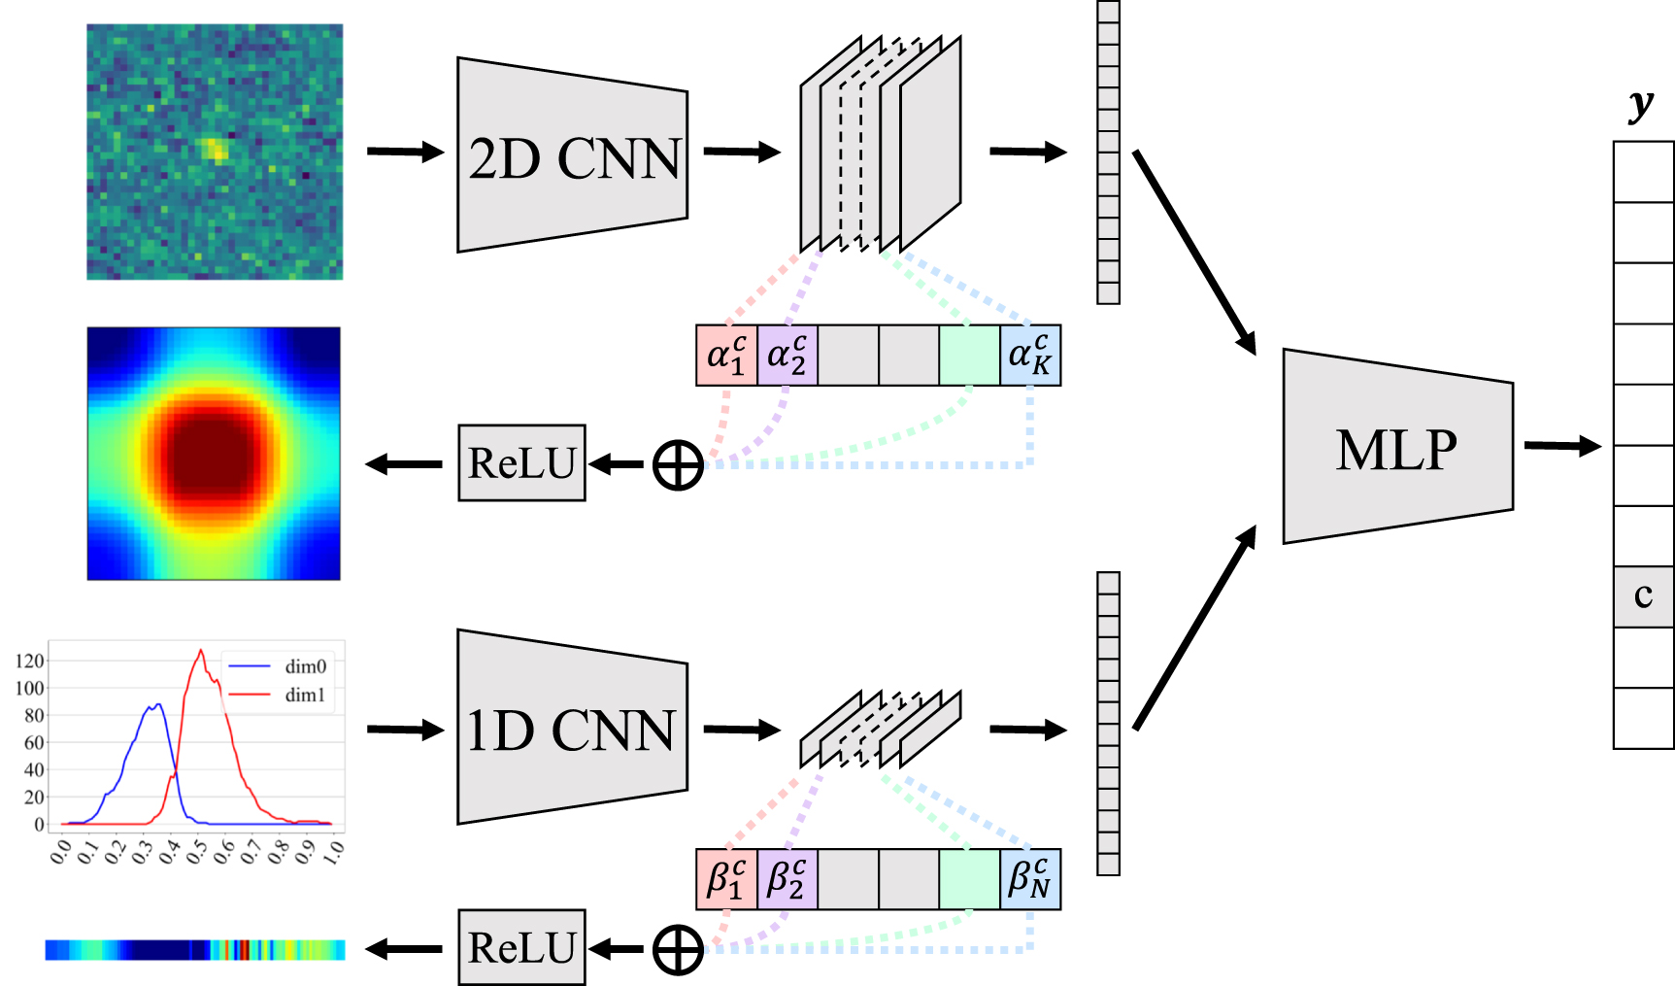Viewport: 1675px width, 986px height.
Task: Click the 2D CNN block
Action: (573, 155)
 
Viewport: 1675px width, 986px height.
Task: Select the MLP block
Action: (1396, 447)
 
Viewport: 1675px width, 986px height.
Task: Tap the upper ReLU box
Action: (521, 463)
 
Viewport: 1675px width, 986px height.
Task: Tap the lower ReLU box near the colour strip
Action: (521, 948)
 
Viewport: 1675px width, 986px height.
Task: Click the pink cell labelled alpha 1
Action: (726, 356)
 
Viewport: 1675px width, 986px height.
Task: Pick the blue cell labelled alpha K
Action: (1030, 356)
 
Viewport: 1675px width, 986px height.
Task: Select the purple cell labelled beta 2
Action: (787, 879)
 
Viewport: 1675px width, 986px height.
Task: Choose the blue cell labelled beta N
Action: (1030, 879)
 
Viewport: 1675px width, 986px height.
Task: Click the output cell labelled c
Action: (1643, 596)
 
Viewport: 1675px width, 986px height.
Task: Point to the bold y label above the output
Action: (1641, 103)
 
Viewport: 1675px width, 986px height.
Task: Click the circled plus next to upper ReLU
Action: (678, 464)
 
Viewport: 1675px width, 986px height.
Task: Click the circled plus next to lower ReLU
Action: (678, 949)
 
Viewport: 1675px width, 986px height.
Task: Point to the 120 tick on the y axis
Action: (30, 661)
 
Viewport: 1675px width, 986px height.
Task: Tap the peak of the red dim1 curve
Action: (201, 651)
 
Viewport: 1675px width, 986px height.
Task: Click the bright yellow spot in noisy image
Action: (215, 150)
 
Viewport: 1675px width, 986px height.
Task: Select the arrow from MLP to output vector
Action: (1562, 446)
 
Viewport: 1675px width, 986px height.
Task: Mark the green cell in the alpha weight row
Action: (969, 356)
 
